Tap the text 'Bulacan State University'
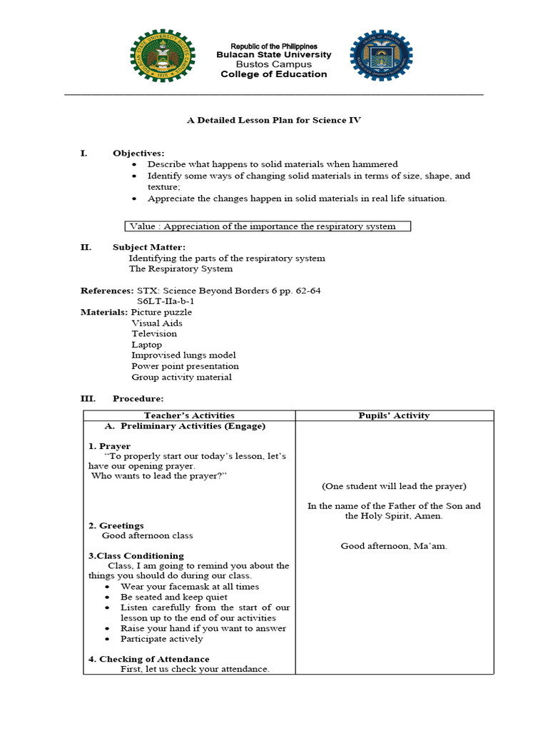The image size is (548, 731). pos(274,55)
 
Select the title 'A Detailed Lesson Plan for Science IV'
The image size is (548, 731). pos(274,121)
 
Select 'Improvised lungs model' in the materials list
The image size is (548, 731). pos(183,355)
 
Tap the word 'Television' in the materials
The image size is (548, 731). pos(154,333)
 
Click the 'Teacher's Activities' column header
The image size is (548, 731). pos(189,415)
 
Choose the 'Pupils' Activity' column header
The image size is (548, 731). pos(394,415)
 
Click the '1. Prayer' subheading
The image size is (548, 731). pos(109,446)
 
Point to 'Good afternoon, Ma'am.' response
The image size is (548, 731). pos(394,546)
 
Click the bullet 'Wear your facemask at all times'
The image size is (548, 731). pos(190,587)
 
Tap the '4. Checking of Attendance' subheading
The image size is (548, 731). pos(148,659)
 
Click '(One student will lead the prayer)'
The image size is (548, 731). pos(394,486)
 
